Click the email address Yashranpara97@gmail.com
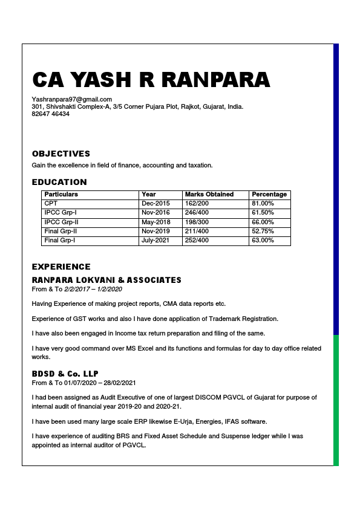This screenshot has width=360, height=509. [72, 99]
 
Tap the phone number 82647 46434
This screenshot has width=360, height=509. [50, 114]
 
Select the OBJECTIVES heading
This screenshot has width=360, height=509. [61, 154]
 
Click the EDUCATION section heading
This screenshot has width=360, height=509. [59, 182]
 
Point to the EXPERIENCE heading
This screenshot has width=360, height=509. [61, 267]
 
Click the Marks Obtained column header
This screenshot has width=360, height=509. [209, 195]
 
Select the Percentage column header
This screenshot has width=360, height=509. [269, 195]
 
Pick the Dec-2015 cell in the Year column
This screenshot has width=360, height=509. [155, 204]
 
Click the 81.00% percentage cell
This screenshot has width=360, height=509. [263, 204]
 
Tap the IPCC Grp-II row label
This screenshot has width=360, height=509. [61, 222]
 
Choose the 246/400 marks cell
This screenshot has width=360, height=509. [197, 213]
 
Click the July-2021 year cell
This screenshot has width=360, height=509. [156, 241]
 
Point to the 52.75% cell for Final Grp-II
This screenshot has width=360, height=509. [263, 232]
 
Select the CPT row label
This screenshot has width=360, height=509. [51, 204]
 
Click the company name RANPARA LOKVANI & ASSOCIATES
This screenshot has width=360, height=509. [106, 280]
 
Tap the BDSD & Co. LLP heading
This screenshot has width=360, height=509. [65, 374]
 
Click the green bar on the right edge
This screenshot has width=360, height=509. [336, 399]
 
